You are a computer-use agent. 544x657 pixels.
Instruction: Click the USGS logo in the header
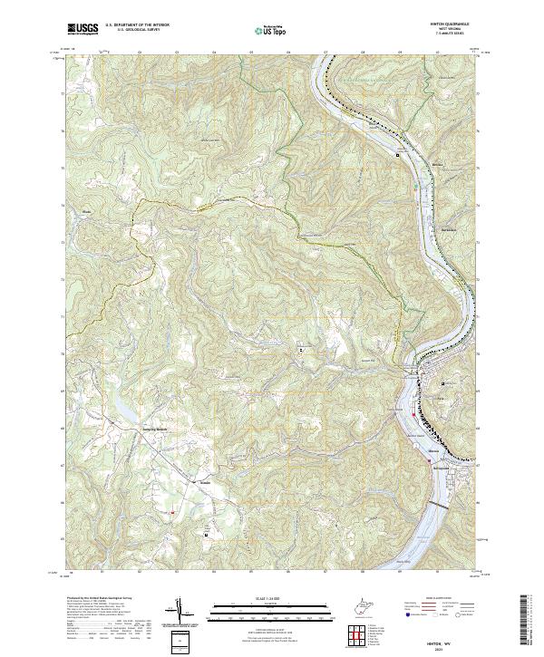point(83,30)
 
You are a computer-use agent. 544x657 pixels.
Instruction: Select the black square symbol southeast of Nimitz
point(206,534)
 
